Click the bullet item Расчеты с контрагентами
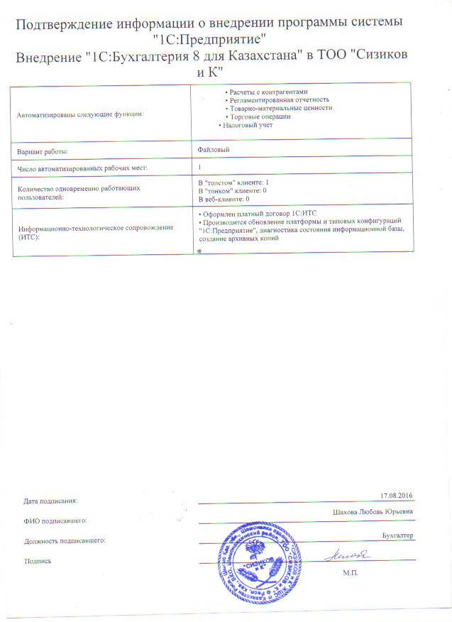267,93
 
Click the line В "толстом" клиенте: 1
233,183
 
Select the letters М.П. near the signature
351,571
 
